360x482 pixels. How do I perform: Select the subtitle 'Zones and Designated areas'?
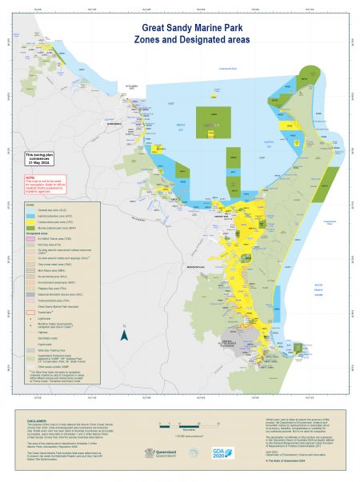[180, 38]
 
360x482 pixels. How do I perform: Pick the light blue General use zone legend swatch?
[30, 209]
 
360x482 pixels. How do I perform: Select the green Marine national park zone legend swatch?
[30, 229]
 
